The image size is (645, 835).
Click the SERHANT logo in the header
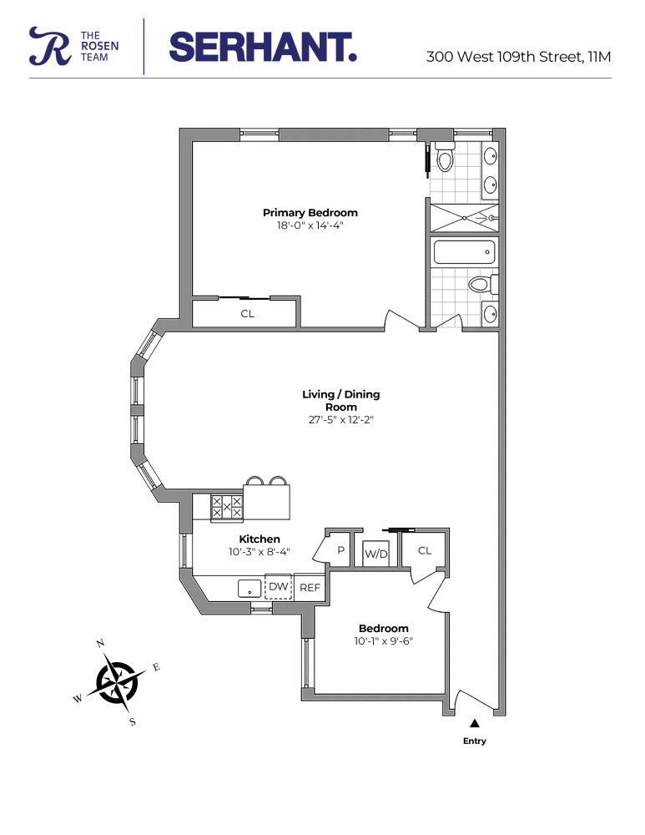click(x=263, y=47)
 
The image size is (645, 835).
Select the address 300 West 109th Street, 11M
click(x=518, y=58)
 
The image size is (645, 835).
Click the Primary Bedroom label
click(x=310, y=212)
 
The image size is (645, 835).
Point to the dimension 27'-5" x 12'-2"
click(x=340, y=420)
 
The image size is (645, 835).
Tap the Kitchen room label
click(x=260, y=539)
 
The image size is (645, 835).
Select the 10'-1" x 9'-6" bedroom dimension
click(x=384, y=641)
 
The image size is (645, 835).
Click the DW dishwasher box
click(x=278, y=587)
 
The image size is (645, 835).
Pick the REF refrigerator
click(x=310, y=587)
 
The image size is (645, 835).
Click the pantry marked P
click(x=340, y=550)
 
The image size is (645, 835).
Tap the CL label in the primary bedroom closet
click(x=247, y=314)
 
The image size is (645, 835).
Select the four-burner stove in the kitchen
click(x=226, y=507)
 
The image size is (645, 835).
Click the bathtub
click(x=464, y=252)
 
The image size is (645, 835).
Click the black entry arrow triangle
click(x=474, y=724)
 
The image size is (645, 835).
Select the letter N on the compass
click(x=100, y=643)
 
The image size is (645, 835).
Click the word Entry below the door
click(x=474, y=741)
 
